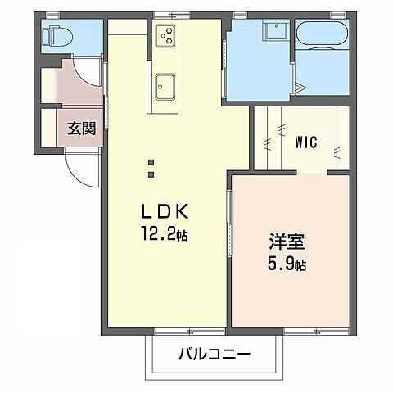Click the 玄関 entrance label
[79, 128]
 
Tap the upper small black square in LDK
[151, 161]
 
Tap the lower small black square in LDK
[151, 174]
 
